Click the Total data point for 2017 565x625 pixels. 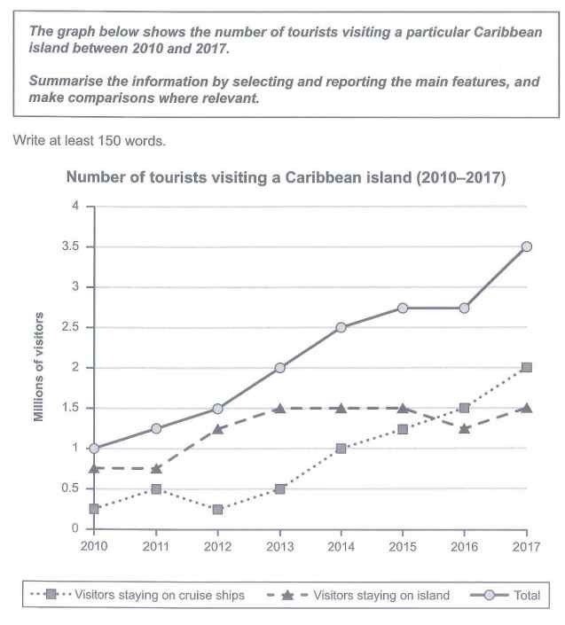tap(526, 246)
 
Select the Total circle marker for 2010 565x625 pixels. tap(94, 449)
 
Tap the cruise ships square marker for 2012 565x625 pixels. tap(218, 509)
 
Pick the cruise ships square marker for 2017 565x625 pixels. tap(526, 367)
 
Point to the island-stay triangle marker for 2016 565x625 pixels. tap(465, 428)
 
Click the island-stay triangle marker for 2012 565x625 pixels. tap(218, 428)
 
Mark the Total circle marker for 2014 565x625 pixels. tap(341, 327)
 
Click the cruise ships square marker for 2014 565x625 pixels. tap(341, 449)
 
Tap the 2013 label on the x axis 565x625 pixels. tap(279, 546)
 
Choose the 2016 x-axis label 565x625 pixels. tap(465, 546)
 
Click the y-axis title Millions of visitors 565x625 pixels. tap(40, 367)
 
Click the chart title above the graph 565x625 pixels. tap(286, 177)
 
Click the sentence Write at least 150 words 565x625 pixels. tap(78, 140)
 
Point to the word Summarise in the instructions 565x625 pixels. tap(63, 82)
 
